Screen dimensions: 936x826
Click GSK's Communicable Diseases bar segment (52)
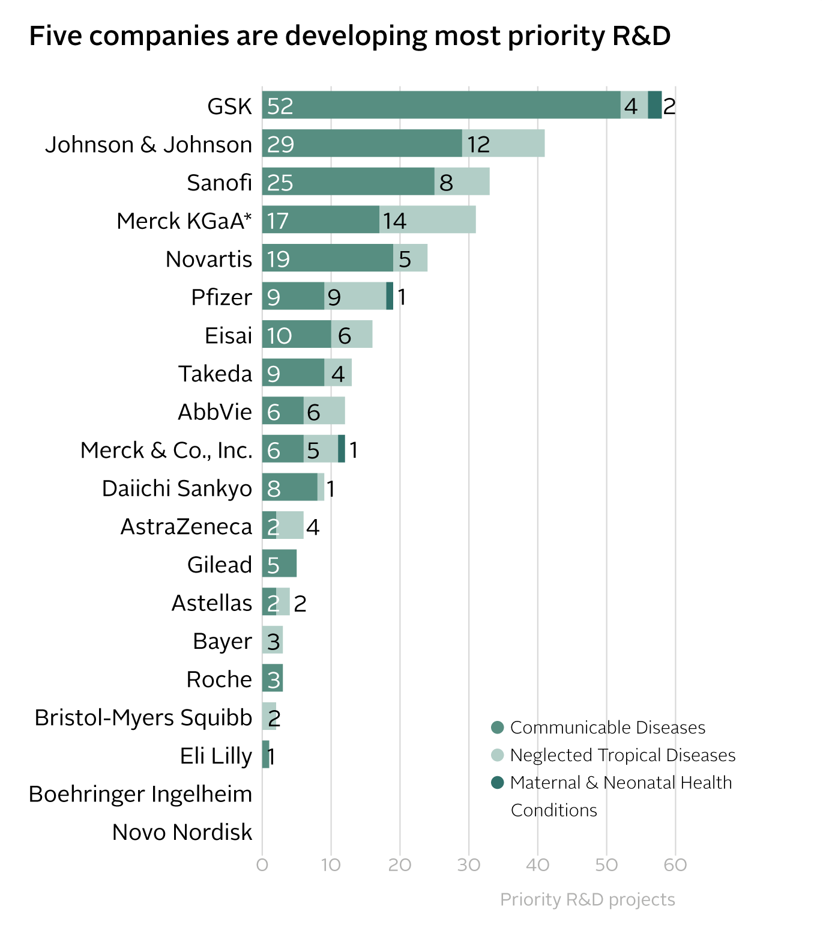pyautogui.click(x=441, y=105)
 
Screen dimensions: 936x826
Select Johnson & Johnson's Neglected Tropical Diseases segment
pyautogui.click(x=503, y=144)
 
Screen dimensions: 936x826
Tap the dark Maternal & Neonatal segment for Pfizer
pyautogui.click(x=390, y=296)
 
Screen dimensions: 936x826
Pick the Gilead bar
pyautogui.click(x=279, y=564)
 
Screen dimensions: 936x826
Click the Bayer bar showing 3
pyautogui.click(x=273, y=640)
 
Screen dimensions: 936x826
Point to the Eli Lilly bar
pyautogui.click(x=265, y=755)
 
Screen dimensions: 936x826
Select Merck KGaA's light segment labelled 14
pyautogui.click(x=427, y=220)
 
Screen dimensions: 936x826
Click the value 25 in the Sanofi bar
pyautogui.click(x=280, y=183)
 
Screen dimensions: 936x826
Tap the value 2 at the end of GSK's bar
pyautogui.click(x=669, y=106)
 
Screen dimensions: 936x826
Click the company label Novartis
pyautogui.click(x=208, y=259)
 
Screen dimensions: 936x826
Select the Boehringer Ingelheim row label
pyautogui.click(x=140, y=794)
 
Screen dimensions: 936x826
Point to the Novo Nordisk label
pyautogui.click(x=182, y=833)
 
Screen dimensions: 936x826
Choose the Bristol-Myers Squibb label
pyautogui.click(x=143, y=717)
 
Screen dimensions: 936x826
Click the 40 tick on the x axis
pyautogui.click(x=537, y=865)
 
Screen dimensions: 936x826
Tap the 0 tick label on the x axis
pyautogui.click(x=262, y=865)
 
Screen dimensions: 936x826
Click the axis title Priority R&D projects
pyautogui.click(x=587, y=899)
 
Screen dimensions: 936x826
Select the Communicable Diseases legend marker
pyautogui.click(x=497, y=728)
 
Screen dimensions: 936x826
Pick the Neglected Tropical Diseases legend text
pyautogui.click(x=623, y=755)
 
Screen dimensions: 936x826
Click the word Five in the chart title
pyautogui.click(x=54, y=36)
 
